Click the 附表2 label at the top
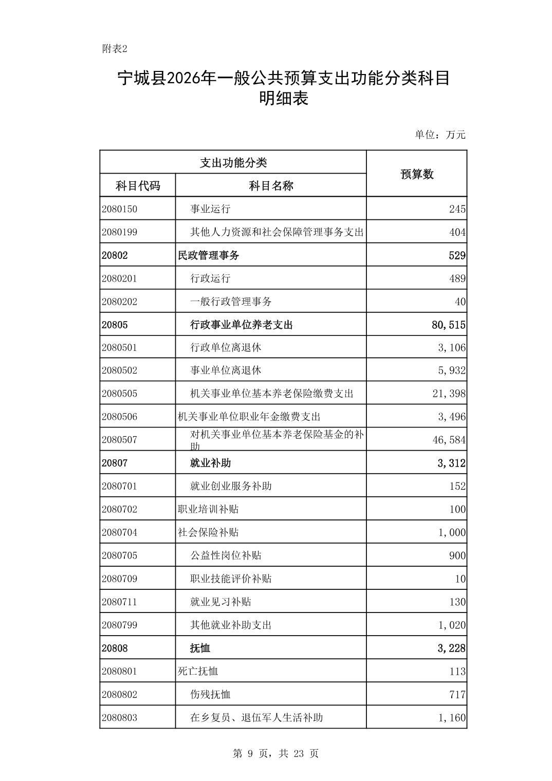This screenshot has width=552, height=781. pos(114,49)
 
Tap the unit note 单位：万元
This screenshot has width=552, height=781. pos(440,135)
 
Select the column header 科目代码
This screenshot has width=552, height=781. pos(137,185)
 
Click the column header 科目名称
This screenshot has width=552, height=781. pos(271,185)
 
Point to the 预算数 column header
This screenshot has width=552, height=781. pos(417,174)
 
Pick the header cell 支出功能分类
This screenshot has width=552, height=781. pos(233,162)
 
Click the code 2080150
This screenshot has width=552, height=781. pos(119,209)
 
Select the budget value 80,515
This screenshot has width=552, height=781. pos(449,325)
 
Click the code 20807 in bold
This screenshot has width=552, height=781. pos(115,463)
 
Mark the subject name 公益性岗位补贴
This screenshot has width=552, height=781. pos(226,555)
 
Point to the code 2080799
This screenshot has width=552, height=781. pos(119,625)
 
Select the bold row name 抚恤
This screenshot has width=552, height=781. pos(200,648)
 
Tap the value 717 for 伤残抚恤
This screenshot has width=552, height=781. pos(457,694)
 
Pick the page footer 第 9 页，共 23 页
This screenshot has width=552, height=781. pos(275,753)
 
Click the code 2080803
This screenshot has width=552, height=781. pos(119,717)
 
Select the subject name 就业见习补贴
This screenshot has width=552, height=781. pos(220,602)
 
